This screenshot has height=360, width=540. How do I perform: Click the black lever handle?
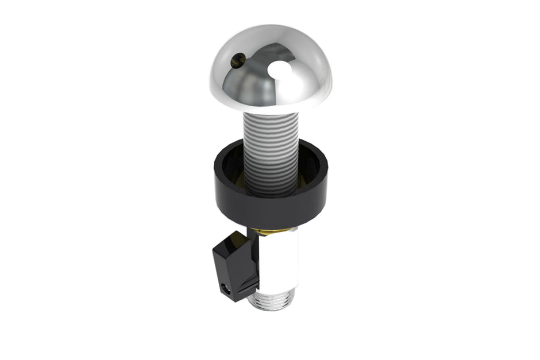(233, 264)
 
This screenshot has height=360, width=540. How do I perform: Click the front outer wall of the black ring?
(270, 207)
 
